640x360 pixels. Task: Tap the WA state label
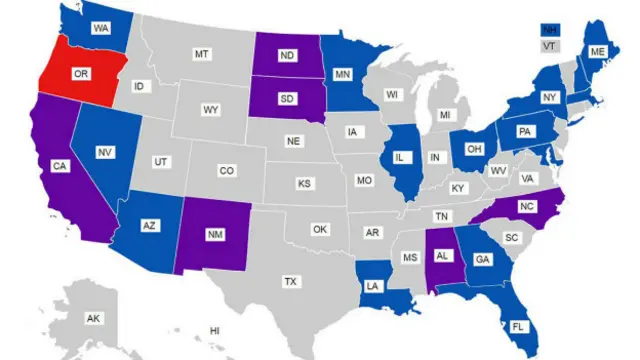[101, 29]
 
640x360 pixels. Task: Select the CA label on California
[60, 166]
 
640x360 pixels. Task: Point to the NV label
[104, 152]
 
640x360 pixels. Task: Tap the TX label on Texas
[290, 281]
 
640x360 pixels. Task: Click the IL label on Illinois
[400, 158]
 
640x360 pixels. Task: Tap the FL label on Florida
[518, 326]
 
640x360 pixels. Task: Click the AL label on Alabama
[442, 255]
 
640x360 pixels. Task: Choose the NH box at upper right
[549, 31]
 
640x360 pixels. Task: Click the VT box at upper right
[549, 46]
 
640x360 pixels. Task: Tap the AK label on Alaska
[93, 318]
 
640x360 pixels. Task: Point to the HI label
[214, 330]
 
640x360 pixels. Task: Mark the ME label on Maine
[597, 51]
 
